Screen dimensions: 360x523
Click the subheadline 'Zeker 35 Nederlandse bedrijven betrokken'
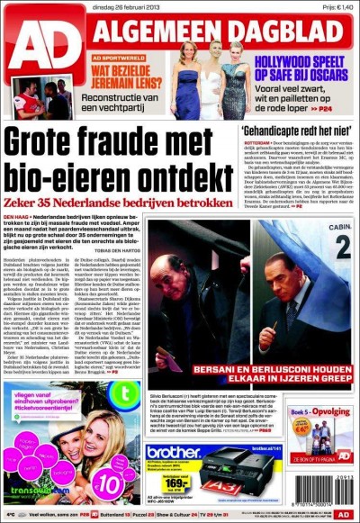coord(117,200)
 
